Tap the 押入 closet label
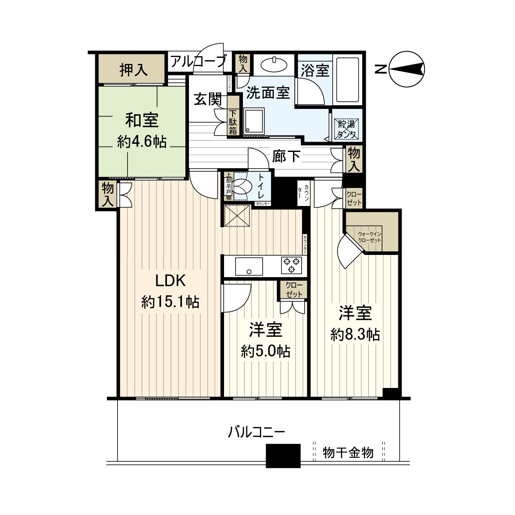pyautogui.click(x=133, y=70)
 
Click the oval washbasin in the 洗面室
pyautogui.click(x=274, y=65)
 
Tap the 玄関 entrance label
pyautogui.click(x=208, y=100)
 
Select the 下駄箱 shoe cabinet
pyautogui.click(x=233, y=122)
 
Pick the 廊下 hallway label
pyautogui.click(x=286, y=156)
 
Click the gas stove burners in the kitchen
pyautogui.click(x=291, y=264)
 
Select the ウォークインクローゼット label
pyautogui.click(x=370, y=237)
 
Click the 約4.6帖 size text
pyautogui.click(x=142, y=142)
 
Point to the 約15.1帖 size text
pyautogui.click(x=170, y=302)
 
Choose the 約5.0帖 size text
pyautogui.click(x=266, y=351)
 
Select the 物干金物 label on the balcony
pyautogui.click(x=348, y=452)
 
